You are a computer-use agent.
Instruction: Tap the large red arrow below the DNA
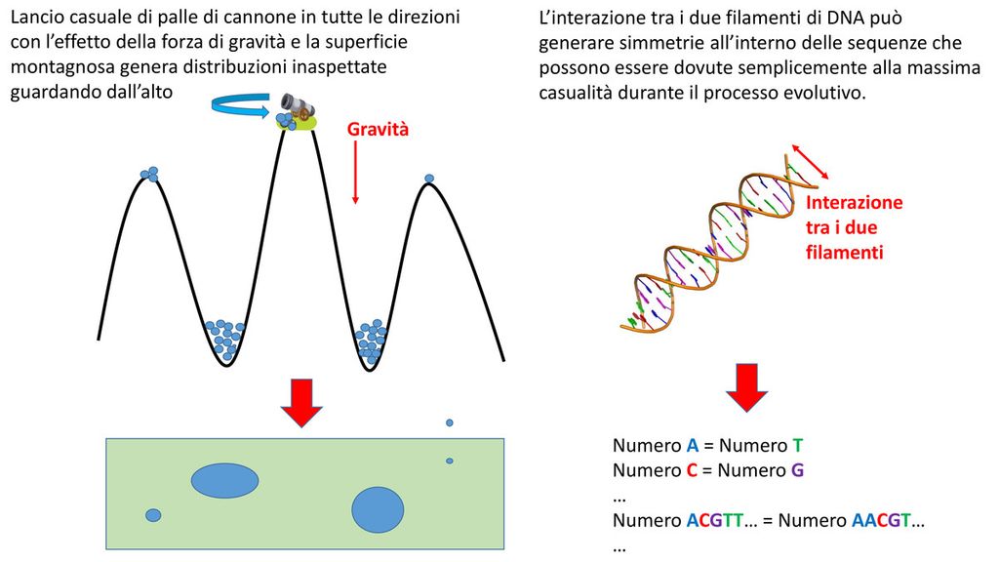click(x=746, y=388)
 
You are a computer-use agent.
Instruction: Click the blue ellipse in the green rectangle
click(x=224, y=480)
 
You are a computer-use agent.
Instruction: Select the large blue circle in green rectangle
click(x=378, y=509)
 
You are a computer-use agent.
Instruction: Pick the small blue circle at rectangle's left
click(x=153, y=515)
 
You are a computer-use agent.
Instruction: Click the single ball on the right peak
click(x=429, y=179)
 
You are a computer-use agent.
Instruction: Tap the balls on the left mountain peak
click(x=149, y=174)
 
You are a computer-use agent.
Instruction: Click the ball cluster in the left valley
click(x=225, y=337)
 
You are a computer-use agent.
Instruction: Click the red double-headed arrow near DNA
click(x=809, y=161)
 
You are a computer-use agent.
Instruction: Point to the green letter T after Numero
click(x=797, y=446)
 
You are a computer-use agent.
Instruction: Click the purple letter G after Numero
click(x=797, y=470)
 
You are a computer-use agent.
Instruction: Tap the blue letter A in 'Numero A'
click(x=692, y=446)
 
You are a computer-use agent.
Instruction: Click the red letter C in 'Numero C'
click(x=691, y=470)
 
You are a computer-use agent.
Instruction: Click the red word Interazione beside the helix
click(x=855, y=203)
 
